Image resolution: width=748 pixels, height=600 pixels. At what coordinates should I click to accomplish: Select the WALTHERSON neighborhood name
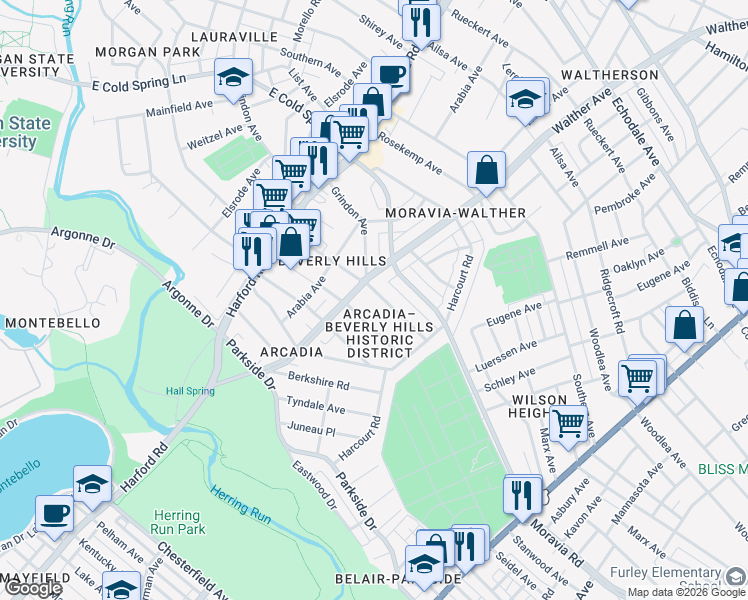click(x=609, y=75)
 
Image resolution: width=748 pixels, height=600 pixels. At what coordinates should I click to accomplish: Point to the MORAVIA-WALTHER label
click(x=455, y=213)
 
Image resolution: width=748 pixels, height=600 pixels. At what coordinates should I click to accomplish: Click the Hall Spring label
click(x=190, y=391)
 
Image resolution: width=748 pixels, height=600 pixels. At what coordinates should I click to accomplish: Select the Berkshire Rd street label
click(x=318, y=384)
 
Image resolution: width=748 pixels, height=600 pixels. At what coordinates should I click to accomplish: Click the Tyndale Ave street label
click(x=315, y=408)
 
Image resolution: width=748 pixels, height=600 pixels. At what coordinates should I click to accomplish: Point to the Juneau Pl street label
click(x=310, y=430)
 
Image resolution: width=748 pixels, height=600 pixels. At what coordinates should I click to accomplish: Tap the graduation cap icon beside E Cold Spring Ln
click(x=233, y=76)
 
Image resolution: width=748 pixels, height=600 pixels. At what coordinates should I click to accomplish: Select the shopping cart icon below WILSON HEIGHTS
click(x=568, y=422)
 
